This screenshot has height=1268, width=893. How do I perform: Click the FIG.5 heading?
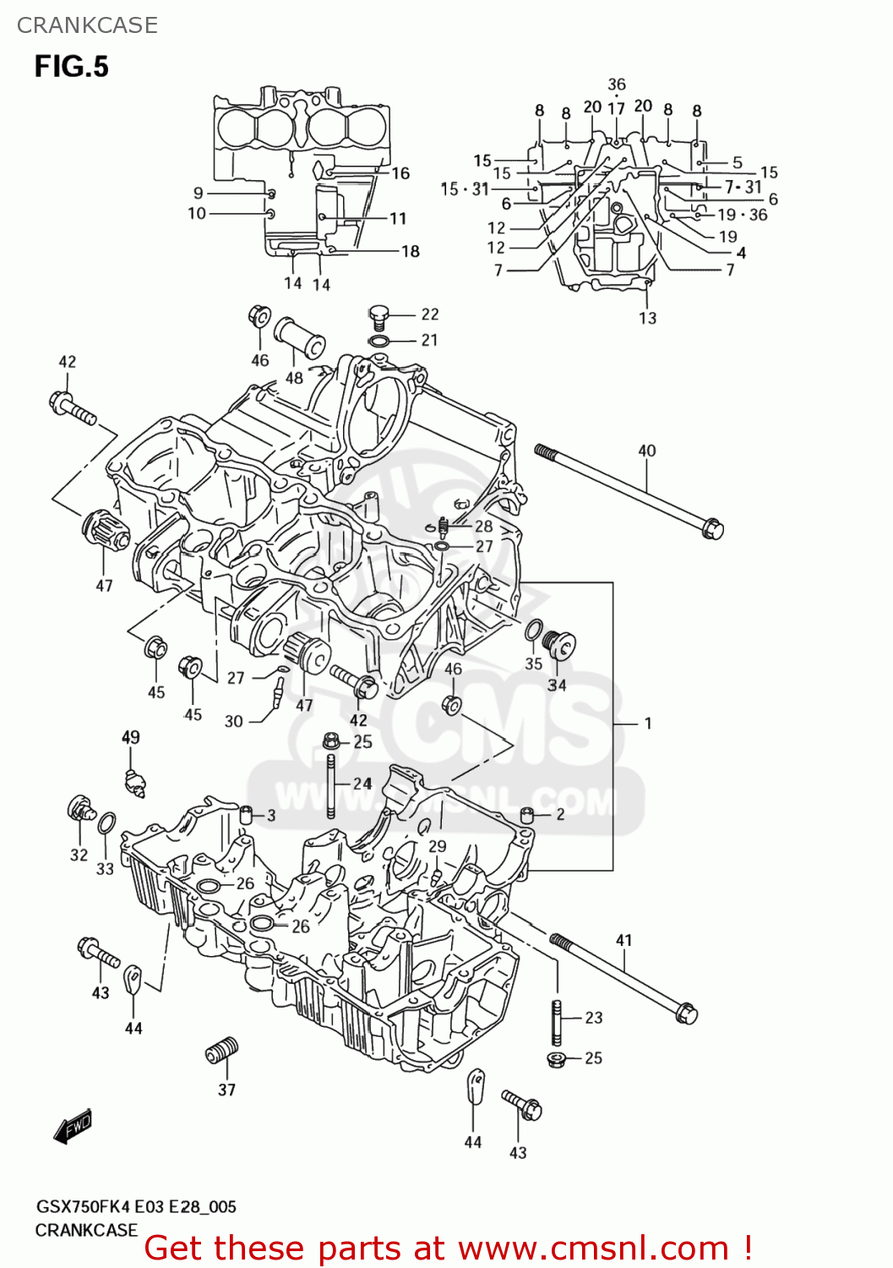coord(71,66)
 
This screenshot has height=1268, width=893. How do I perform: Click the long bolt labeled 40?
coord(629,489)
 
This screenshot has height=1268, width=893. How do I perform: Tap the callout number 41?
coord(623,940)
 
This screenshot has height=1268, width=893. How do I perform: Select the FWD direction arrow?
coord(73,1127)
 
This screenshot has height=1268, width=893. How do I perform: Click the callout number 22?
coord(430,314)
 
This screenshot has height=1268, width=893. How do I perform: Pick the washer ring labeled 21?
coord(379,341)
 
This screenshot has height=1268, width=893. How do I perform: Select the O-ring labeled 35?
coord(534,631)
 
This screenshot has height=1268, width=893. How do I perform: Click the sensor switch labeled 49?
coord(133,782)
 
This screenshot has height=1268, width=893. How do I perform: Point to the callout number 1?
coord(647,724)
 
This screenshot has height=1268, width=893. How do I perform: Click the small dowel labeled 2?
coord(527,815)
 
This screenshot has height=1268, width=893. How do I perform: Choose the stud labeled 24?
coord(331,786)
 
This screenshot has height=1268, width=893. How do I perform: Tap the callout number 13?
coord(647,318)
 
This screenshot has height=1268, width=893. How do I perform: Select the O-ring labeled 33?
coord(107,823)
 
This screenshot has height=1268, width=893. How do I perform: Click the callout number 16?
coord(400,173)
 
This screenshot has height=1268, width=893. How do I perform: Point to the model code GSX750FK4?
coord(82,1207)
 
